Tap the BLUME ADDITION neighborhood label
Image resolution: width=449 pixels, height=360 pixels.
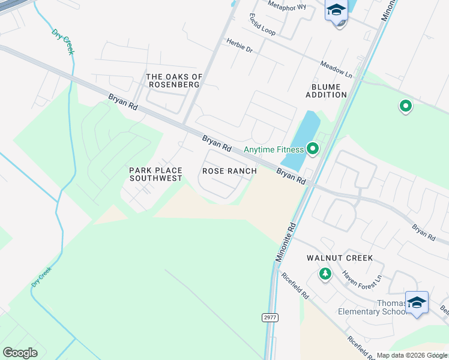coord(326,91)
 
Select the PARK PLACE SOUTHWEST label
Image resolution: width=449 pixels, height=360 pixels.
coord(155,175)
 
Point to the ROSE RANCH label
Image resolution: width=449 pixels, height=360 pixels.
coord(229,171)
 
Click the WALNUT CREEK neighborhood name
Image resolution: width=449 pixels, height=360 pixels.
coord(340,258)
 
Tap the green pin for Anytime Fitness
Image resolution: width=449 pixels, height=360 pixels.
coord(312,148)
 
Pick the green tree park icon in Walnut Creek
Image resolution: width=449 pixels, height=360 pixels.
coord(325,274)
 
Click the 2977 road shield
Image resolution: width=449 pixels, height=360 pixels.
coord(270,317)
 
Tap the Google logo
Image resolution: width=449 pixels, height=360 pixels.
coord(20,353)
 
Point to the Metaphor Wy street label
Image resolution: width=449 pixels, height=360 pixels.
coord(287,7)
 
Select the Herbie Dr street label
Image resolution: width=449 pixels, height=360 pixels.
coord(239,45)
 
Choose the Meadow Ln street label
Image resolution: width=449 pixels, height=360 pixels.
coord(336,68)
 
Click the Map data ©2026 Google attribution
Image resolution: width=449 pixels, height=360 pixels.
coord(412,356)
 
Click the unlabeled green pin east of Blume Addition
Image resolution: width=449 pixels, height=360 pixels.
coord(406,107)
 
